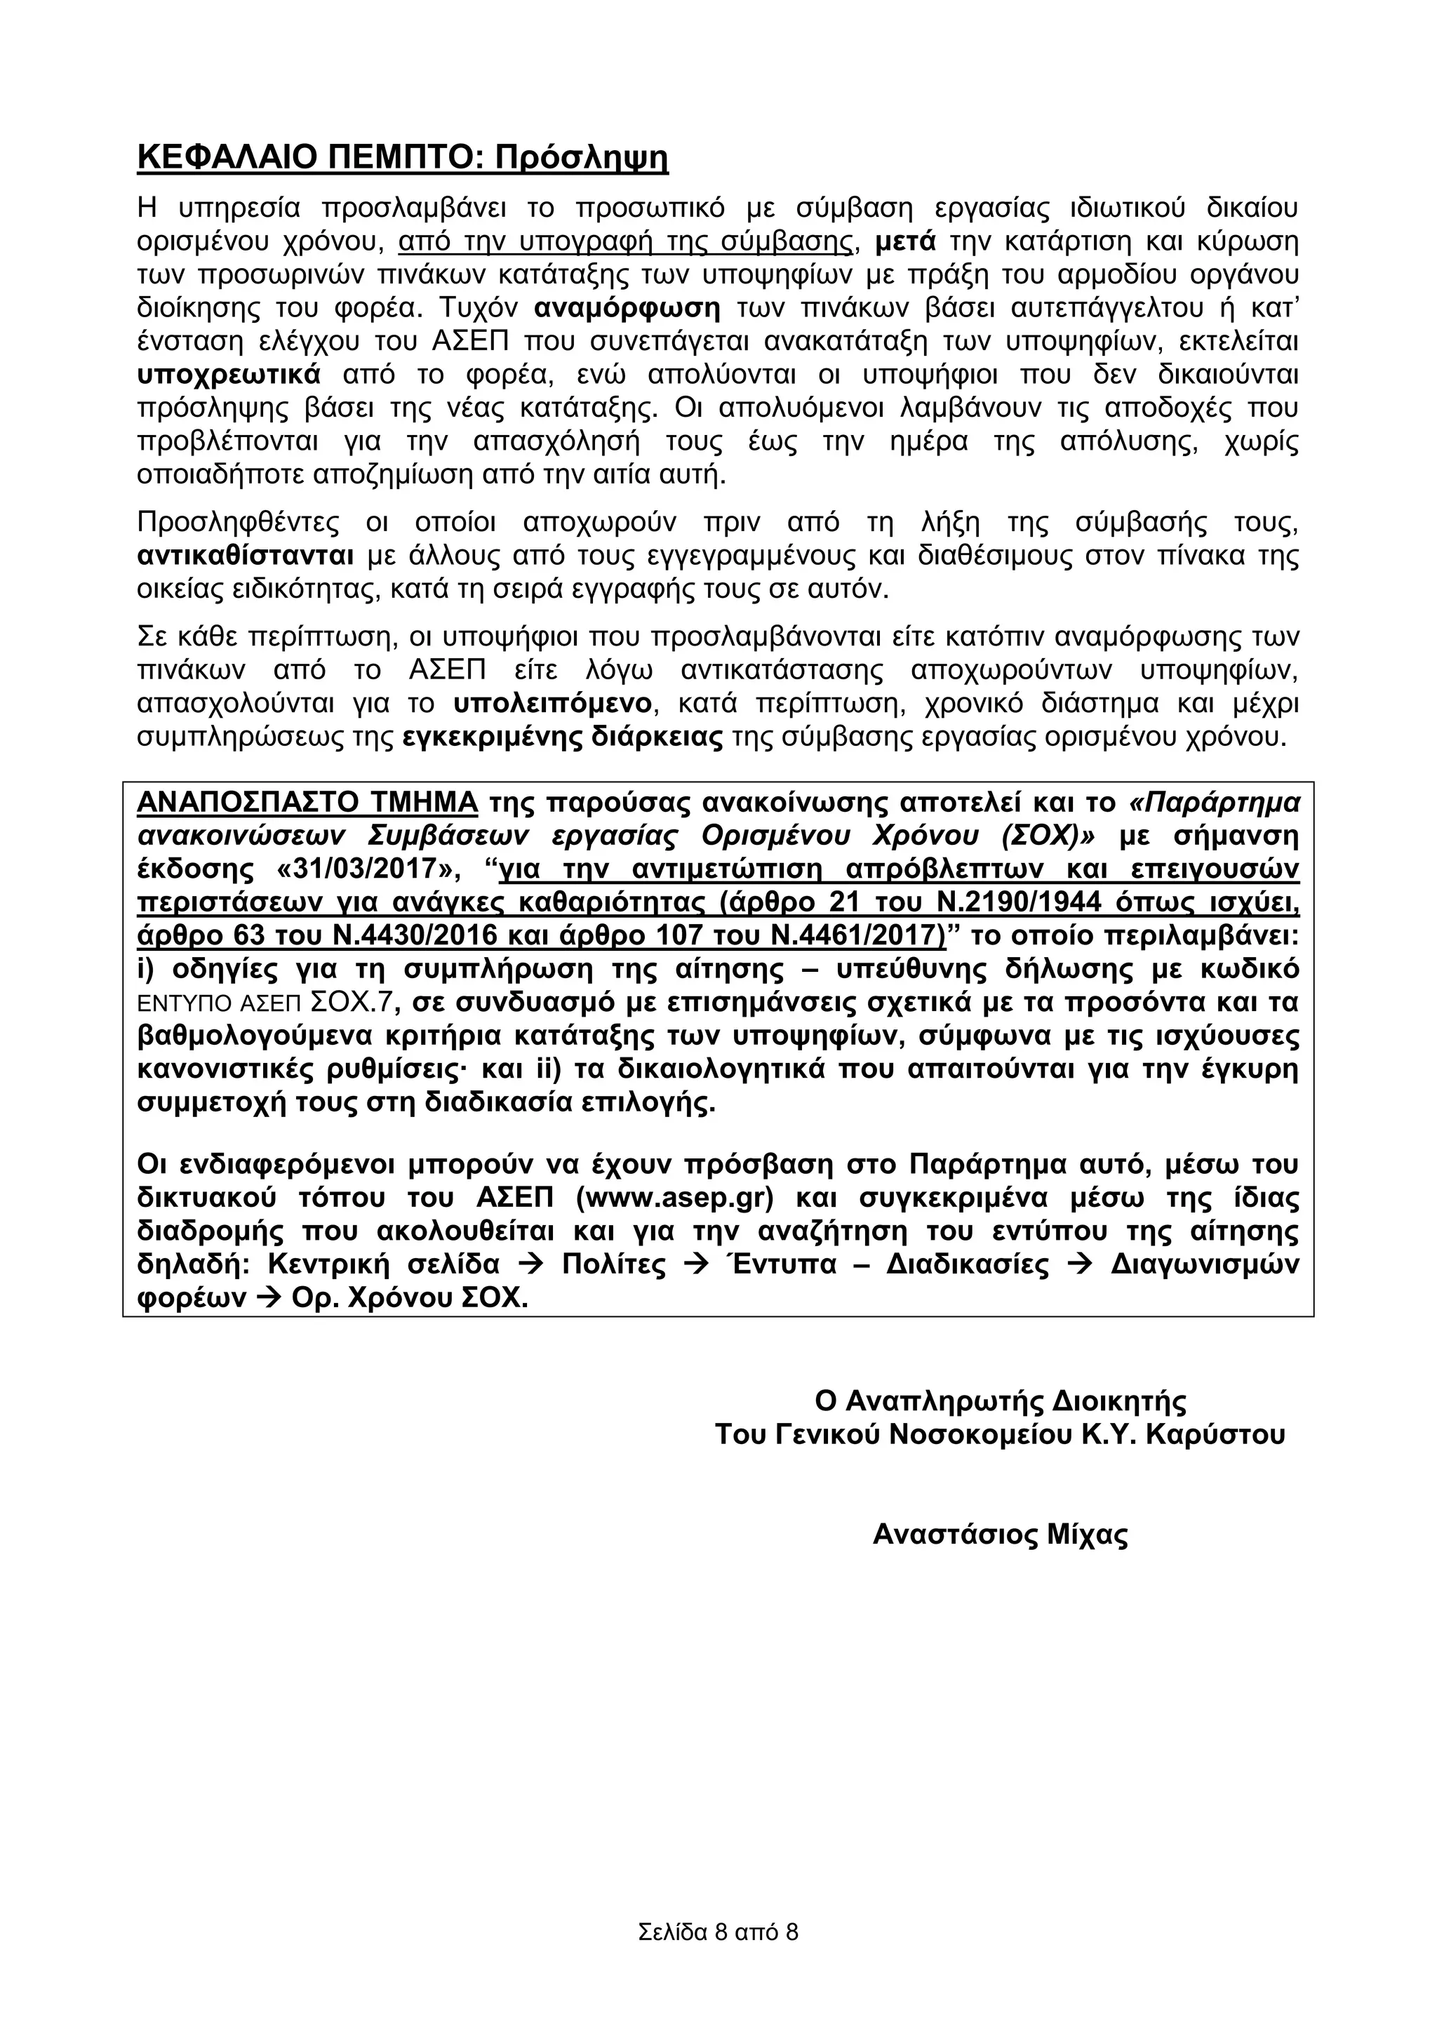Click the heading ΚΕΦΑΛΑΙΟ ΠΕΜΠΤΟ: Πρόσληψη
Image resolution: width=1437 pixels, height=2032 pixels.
tap(403, 159)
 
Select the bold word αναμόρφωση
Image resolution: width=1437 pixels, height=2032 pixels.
tap(627, 309)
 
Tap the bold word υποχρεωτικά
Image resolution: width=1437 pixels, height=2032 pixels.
tap(229, 375)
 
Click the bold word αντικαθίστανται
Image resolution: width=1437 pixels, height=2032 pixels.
tap(246, 556)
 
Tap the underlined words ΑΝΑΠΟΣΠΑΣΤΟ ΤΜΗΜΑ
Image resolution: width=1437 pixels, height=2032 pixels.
tap(307, 803)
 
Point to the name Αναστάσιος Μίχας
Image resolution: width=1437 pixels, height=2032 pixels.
tap(1000, 1535)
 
